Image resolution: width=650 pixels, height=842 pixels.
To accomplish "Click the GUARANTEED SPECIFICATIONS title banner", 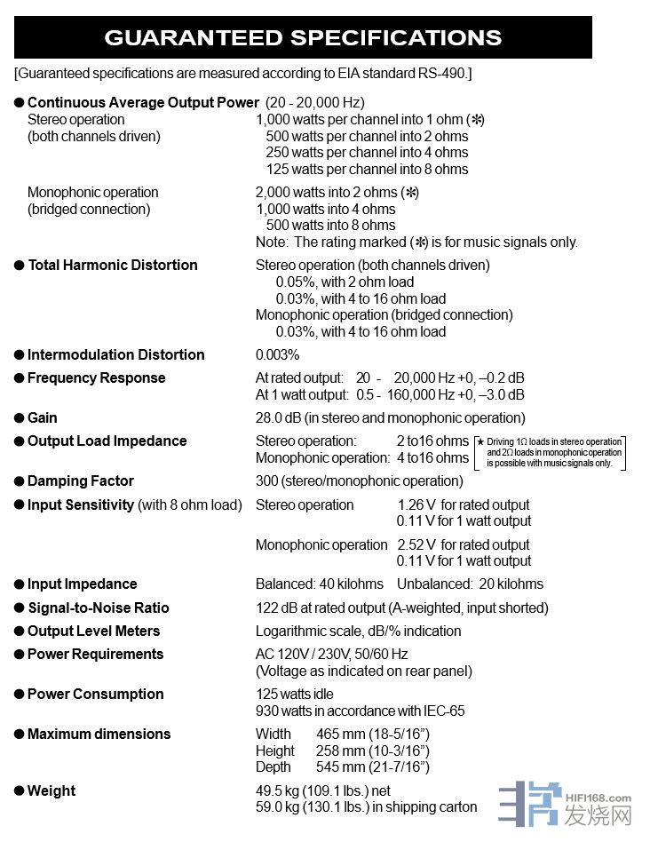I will pos(303,37).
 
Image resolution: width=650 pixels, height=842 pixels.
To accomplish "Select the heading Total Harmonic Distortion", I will pos(113,265).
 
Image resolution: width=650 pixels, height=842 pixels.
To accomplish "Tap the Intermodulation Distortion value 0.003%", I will pos(278,354).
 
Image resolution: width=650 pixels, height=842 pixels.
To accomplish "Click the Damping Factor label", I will pos(81,481).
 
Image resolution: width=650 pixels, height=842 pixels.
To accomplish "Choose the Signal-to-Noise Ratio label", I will pos(99,608).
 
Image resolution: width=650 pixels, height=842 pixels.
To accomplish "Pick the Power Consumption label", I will pos(96,694).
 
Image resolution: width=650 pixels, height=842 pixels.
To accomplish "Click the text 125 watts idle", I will pos(295,694).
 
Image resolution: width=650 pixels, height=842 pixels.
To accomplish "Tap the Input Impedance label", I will pos(83,584).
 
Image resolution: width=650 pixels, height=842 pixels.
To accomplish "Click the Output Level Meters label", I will pos(94,631).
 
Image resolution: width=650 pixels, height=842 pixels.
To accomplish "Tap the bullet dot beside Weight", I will pos(19,791).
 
